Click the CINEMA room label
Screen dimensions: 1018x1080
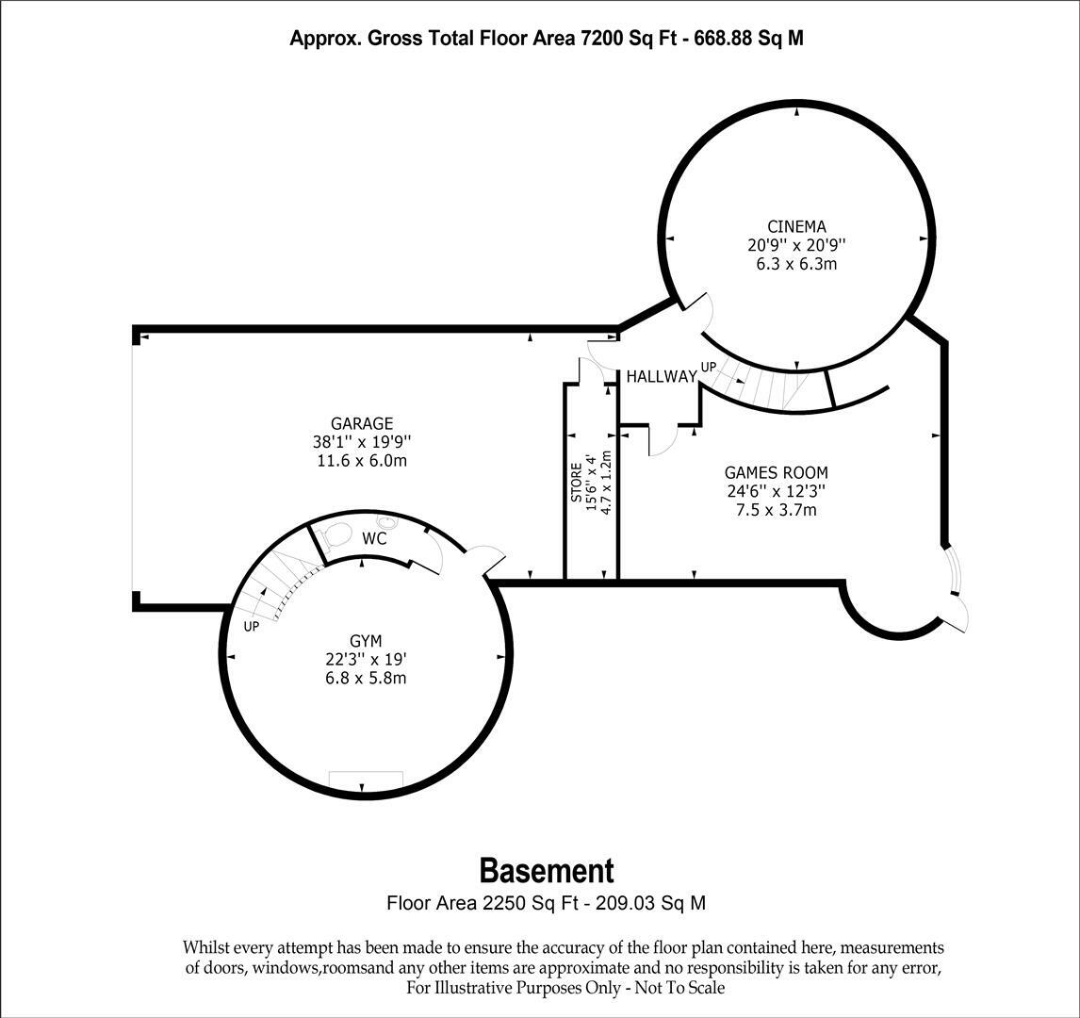(796, 226)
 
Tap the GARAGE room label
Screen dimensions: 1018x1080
(362, 424)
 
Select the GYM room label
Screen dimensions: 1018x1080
(362, 642)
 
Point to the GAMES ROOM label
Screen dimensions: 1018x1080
(776, 472)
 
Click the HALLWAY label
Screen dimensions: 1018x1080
(662, 376)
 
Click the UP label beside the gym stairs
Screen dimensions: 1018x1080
(252, 627)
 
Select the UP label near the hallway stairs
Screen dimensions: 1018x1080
(708, 367)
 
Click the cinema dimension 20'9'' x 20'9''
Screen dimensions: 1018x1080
(796, 245)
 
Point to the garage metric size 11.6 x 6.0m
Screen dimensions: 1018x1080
(362, 461)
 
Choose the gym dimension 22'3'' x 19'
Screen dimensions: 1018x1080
(362, 661)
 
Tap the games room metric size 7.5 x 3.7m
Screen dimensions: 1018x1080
(776, 510)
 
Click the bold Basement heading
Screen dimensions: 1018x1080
(546, 869)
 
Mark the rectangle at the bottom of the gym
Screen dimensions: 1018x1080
(366, 780)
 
